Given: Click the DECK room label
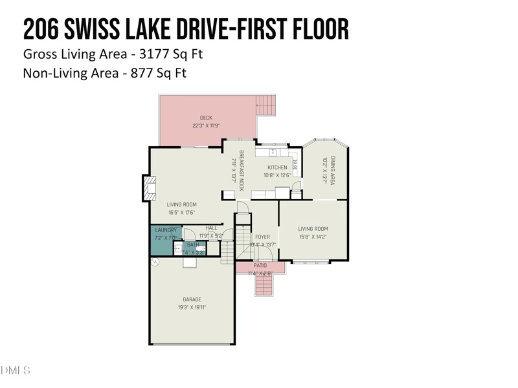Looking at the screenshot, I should coord(206,118).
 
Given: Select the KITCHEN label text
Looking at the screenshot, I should coord(277,167).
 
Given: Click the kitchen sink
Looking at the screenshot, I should coord(273,153).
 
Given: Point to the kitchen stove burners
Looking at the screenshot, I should coord(295,167).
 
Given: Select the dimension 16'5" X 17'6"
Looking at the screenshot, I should coord(181,212).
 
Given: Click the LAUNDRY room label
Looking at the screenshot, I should coord(166,230).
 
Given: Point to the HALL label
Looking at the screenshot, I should coord(212,228).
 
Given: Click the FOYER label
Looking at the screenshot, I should coord(262,237).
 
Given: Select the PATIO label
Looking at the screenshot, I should coord(260,265).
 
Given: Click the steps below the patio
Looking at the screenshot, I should coord(263,282).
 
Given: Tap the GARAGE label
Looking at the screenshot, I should coord(192,299).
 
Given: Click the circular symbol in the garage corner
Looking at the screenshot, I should coord(155,262).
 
